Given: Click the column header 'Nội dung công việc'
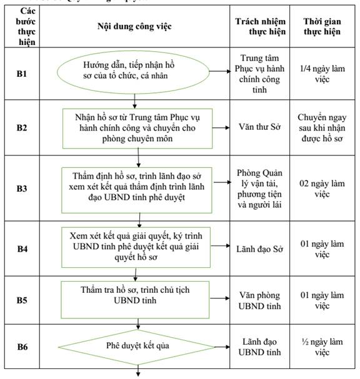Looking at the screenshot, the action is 134,26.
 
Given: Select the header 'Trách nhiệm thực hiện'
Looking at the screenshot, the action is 261,26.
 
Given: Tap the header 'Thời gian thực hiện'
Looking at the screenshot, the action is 322,26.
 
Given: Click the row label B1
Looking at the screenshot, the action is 21,74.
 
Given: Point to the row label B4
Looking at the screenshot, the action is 22,249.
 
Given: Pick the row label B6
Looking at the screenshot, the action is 22,347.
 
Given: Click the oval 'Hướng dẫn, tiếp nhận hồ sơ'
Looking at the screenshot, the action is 133,72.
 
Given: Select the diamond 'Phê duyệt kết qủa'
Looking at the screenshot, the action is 137,347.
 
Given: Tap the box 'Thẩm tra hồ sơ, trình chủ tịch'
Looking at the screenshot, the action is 135,300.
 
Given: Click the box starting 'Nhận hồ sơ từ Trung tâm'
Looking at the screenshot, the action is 137,129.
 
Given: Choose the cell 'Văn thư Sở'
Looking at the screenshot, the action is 259,127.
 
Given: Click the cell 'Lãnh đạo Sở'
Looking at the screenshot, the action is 259,249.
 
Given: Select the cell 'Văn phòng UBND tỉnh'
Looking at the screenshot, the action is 259,300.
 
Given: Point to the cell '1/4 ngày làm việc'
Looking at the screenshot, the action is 322,74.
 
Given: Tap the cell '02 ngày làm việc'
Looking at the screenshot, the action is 322,189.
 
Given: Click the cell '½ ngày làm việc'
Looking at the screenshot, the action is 322,347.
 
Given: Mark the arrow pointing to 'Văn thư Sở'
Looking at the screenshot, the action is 221,127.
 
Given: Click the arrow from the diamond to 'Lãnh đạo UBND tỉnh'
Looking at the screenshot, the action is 222,347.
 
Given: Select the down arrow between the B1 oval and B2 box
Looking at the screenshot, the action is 135,101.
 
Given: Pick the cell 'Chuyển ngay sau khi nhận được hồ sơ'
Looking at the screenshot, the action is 322,128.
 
